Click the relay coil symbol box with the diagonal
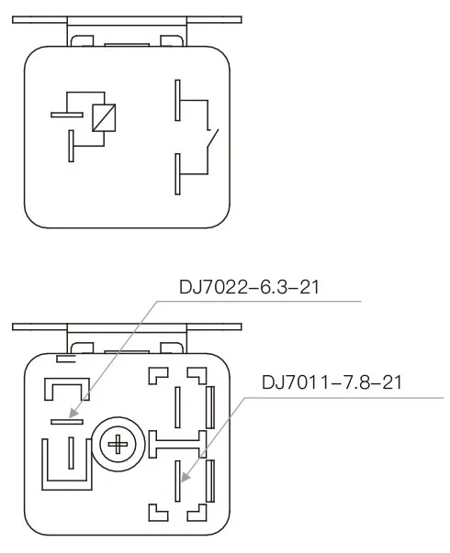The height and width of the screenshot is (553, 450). pyautogui.click(x=103, y=116)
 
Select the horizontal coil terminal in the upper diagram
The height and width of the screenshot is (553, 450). pyautogui.click(x=66, y=114)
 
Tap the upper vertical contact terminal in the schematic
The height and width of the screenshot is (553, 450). pyautogui.click(x=177, y=101)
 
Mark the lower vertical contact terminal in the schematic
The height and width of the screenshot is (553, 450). pyautogui.click(x=177, y=174)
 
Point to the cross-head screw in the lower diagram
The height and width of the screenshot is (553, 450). pyautogui.click(x=118, y=447)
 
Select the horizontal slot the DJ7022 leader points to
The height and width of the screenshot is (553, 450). pyautogui.click(x=66, y=421)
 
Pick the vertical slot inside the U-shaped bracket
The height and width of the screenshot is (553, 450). pyautogui.click(x=72, y=452)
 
